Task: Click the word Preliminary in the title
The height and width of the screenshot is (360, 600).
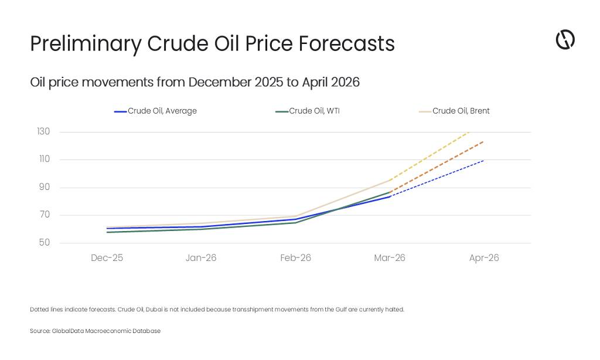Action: coord(85,44)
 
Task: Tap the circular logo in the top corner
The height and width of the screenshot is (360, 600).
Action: coord(565,40)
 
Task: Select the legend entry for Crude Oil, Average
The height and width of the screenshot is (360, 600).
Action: coord(155,111)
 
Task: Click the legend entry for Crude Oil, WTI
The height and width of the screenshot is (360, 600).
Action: coord(308,111)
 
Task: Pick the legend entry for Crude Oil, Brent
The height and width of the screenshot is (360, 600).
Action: coord(455,111)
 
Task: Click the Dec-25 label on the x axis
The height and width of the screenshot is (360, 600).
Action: coord(107,258)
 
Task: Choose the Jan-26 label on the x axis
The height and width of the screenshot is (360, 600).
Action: coord(201,258)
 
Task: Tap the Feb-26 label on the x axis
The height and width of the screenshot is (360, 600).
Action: coord(295,258)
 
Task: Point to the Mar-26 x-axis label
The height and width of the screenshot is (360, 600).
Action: coord(390,258)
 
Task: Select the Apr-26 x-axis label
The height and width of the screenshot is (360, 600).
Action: coord(484,258)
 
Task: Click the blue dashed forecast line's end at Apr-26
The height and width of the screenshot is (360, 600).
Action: coord(483,160)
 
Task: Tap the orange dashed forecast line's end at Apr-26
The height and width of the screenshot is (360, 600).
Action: coord(483,141)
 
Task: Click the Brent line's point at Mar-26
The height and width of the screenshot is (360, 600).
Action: coord(390,180)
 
